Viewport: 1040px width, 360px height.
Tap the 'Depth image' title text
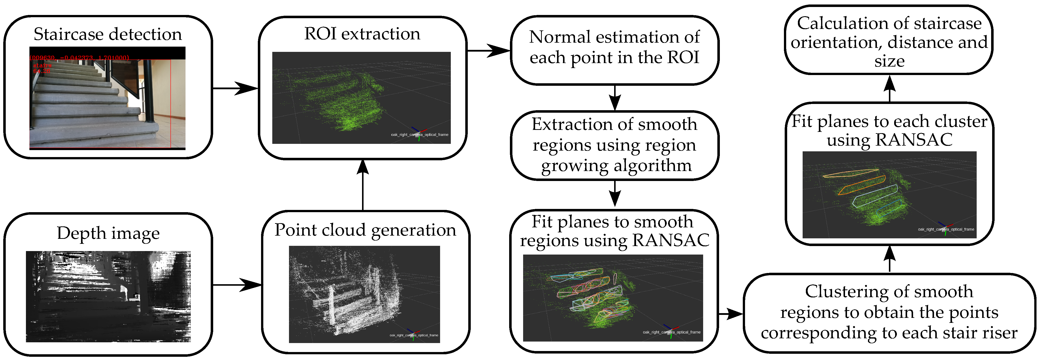pos(108,233)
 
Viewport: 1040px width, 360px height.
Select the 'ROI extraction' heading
pos(362,33)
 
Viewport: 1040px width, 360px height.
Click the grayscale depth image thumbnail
pos(108,297)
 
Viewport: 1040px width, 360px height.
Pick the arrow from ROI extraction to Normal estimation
pos(488,51)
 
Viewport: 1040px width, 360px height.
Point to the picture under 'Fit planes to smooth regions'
pos(613,298)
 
